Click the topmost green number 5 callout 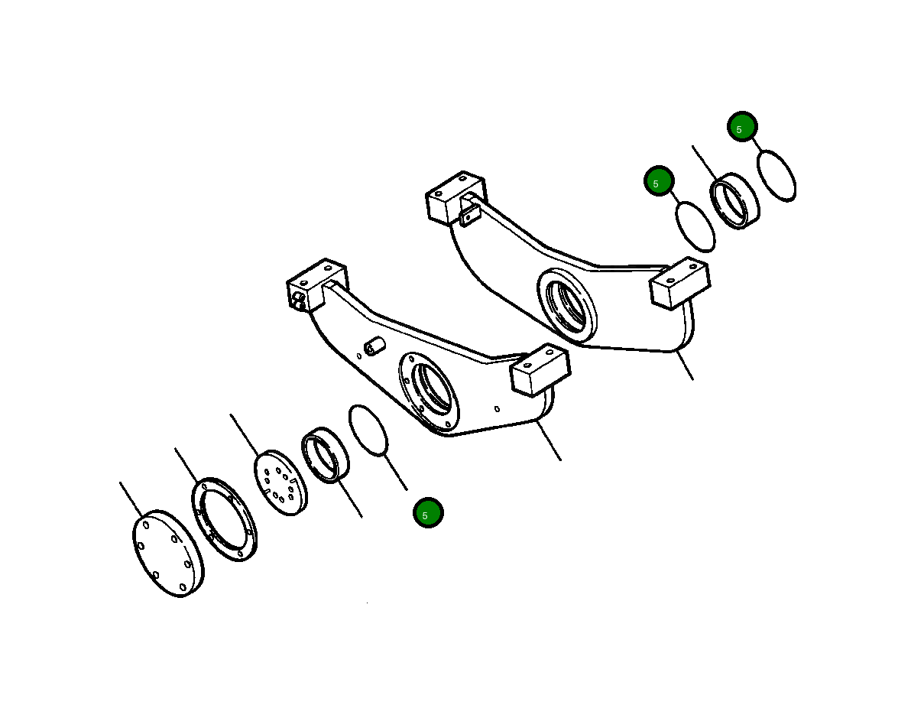click(x=741, y=127)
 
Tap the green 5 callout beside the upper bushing click(x=658, y=181)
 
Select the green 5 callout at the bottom click(x=428, y=512)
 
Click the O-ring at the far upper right click(x=776, y=176)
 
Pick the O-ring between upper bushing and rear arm click(x=696, y=226)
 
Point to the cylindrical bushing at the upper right click(x=735, y=201)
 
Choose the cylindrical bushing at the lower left click(x=326, y=456)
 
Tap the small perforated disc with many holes click(x=279, y=482)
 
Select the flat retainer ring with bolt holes click(x=224, y=519)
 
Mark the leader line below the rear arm click(x=684, y=365)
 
